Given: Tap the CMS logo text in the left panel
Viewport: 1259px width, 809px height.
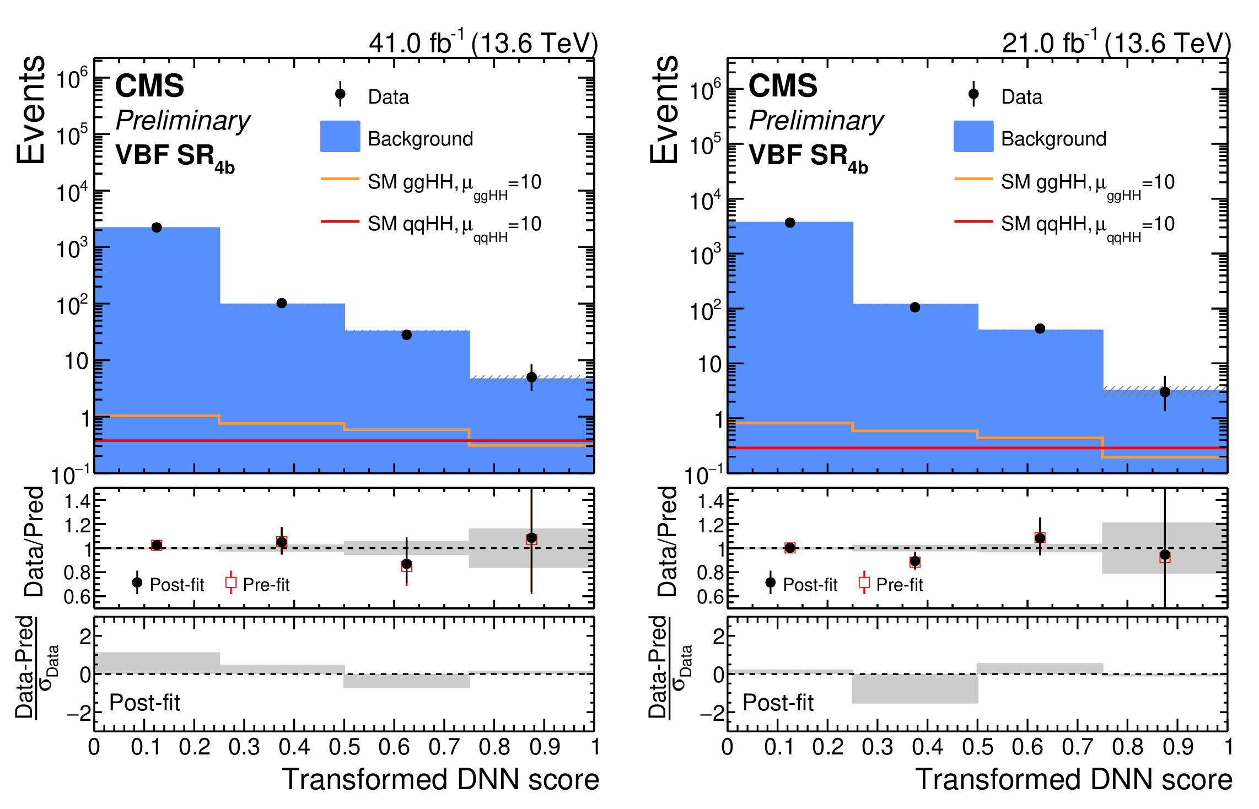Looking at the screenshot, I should coord(149,86).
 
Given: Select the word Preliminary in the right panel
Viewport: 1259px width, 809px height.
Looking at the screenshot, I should coord(816,120).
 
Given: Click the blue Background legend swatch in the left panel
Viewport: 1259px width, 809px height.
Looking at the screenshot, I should coord(340,136).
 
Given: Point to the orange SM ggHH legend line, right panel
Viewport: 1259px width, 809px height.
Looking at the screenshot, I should coord(973,179).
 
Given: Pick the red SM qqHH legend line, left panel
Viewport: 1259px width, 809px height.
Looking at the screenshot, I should coord(340,222).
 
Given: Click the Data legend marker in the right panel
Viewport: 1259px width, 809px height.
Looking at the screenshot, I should coord(973,94).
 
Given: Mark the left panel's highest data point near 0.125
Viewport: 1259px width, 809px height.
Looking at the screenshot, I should coord(157,228).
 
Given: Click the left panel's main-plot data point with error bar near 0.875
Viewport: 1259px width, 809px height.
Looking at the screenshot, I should coord(531,377).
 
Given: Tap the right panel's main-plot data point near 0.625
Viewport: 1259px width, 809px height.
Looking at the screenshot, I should coord(1040,329).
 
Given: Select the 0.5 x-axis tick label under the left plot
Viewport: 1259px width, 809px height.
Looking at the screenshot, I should coord(344,747).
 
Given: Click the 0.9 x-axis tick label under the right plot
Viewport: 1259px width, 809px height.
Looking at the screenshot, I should coord(1178,747).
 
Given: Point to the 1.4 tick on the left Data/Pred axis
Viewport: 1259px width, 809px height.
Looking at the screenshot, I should coord(77,501).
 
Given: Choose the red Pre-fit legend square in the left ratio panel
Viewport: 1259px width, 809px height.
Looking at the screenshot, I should coord(231,583).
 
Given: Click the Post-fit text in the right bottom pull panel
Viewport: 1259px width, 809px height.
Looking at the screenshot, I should coord(778,703).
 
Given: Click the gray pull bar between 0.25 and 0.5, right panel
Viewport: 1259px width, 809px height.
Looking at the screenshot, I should coord(915,689).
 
